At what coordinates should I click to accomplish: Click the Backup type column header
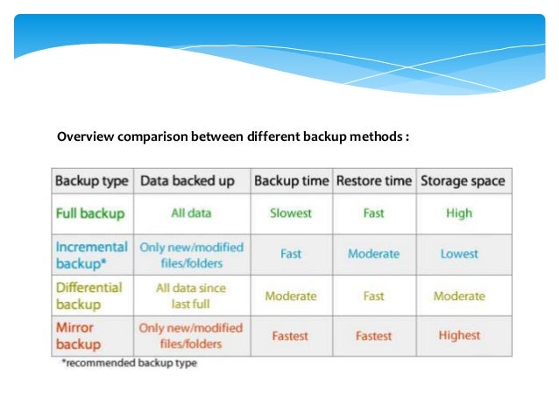click(92, 181)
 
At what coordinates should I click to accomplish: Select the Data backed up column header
click(188, 181)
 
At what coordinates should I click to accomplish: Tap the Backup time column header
click(291, 181)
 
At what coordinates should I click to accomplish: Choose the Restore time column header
click(373, 181)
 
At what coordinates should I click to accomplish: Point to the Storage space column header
click(463, 181)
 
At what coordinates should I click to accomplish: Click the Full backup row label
click(89, 213)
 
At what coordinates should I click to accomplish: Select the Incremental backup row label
click(91, 255)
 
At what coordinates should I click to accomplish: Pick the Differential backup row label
click(88, 296)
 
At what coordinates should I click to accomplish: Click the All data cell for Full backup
click(190, 213)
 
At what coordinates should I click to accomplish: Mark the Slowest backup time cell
click(291, 213)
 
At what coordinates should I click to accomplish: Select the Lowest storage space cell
click(459, 254)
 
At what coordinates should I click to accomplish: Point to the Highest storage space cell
click(459, 335)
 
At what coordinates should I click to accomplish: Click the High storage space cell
click(458, 213)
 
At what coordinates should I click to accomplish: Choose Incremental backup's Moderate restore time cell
click(373, 254)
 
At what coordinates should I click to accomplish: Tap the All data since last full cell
click(190, 296)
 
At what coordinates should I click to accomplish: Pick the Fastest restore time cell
click(373, 335)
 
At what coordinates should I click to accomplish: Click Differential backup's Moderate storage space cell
click(459, 296)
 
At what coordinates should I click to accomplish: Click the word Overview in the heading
click(86, 136)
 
